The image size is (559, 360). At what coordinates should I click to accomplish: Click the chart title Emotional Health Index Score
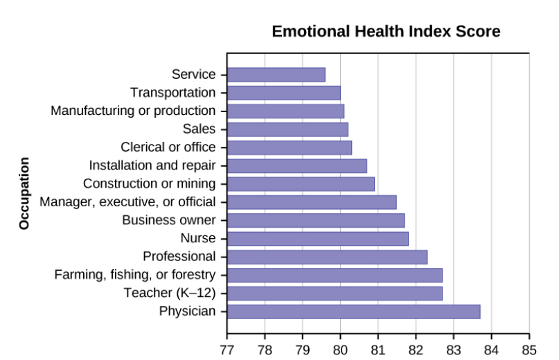[386, 32]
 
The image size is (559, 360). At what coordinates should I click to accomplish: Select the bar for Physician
[353, 312]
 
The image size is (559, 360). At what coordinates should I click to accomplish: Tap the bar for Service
[276, 75]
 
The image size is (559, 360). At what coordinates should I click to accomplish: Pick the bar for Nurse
[317, 239]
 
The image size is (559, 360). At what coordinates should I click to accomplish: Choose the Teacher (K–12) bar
[335, 294]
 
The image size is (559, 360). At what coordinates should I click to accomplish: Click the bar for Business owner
[316, 221]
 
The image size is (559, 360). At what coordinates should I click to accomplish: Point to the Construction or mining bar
[301, 184]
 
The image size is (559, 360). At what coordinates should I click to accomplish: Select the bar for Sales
[287, 129]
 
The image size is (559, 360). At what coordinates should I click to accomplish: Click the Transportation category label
[172, 93]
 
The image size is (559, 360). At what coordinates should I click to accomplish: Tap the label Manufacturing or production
[133, 111]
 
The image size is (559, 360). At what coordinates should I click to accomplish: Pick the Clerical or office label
[168, 147]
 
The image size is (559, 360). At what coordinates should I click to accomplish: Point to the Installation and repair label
[152, 165]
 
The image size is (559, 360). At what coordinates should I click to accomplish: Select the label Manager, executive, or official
[127, 202]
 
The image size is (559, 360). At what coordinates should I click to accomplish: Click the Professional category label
[179, 257]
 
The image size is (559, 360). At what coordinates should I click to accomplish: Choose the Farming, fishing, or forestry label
[135, 275]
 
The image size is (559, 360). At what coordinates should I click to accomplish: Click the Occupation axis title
[25, 193]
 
